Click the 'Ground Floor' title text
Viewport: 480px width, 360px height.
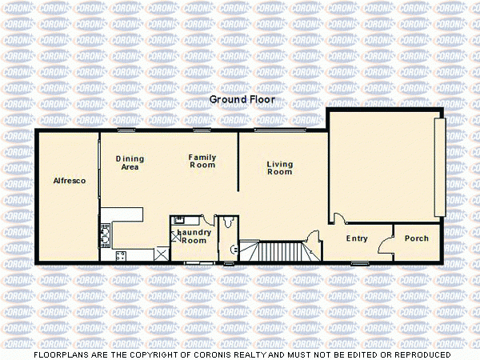[x=242, y=100]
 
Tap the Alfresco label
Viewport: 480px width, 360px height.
[x=70, y=182]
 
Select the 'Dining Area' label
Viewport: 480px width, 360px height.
[x=130, y=163]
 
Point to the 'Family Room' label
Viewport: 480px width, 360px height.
[x=202, y=161]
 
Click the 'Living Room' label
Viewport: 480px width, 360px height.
[x=280, y=168]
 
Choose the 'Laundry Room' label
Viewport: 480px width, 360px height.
[x=192, y=236]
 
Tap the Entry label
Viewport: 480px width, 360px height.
[x=357, y=238]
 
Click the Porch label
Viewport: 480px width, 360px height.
[x=417, y=238]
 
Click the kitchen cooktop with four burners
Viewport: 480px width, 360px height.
[x=121, y=256]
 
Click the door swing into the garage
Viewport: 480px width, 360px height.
[x=338, y=218]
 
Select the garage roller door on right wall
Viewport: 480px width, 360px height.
[x=438, y=166]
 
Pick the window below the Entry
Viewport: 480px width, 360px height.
[x=360, y=262]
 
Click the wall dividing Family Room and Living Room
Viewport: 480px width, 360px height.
[x=238, y=160]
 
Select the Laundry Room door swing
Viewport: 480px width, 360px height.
[x=207, y=222]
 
